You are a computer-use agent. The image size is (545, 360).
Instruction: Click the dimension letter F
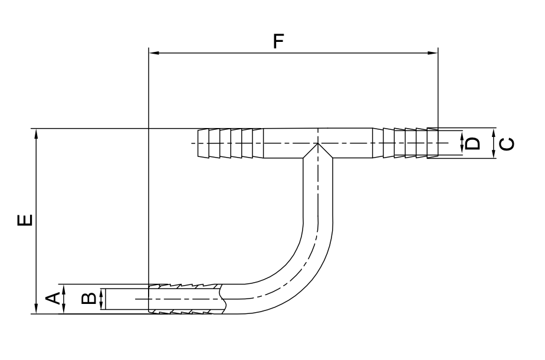pos(278,41)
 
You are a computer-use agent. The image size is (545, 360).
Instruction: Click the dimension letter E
pos(25,221)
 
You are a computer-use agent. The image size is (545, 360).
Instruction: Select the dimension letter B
pos(88,299)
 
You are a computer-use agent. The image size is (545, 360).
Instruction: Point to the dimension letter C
pos(507,144)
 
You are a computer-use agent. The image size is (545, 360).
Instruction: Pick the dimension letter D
pos(472,143)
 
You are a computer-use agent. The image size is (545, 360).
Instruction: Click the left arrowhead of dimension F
pos(153,53)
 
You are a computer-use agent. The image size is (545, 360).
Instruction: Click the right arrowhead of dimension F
pos(433,53)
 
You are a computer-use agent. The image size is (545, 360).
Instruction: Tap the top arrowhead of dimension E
pos(36,134)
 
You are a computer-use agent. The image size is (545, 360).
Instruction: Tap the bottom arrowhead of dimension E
pos(36,309)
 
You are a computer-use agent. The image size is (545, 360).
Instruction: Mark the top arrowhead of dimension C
pos(494,133)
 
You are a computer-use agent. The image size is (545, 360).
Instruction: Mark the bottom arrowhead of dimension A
pos(64,309)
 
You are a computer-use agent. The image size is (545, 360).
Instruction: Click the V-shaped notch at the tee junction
pos(318,150)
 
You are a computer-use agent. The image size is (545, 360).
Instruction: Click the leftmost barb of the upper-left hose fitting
pos(203,143)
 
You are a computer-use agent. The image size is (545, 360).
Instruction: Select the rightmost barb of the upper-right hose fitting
pos(432,143)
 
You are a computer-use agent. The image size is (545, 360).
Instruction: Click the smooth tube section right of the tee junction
pos(350,143)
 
